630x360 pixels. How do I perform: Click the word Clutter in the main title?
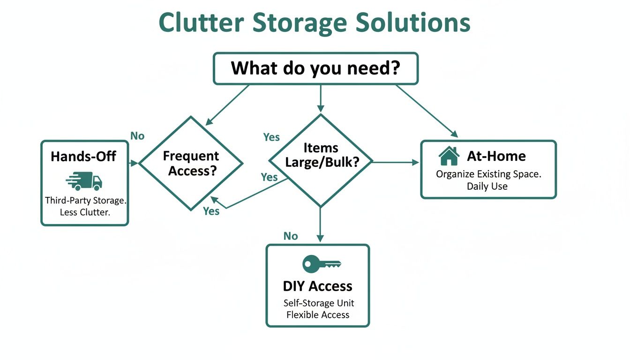(201, 22)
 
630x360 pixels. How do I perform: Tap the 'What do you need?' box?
(315, 68)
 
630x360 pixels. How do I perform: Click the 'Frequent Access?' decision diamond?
(191, 163)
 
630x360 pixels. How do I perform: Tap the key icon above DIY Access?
(321, 263)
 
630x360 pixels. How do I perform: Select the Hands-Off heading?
(83, 156)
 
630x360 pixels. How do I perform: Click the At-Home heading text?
(496, 156)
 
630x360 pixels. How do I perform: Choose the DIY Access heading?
(317, 286)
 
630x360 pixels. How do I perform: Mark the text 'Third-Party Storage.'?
(86, 201)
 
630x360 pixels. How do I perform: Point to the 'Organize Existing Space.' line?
(488, 174)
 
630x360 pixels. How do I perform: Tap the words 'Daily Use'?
(487, 186)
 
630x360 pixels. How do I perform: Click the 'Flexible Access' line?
(317, 315)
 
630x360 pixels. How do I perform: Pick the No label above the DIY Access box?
(291, 236)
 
